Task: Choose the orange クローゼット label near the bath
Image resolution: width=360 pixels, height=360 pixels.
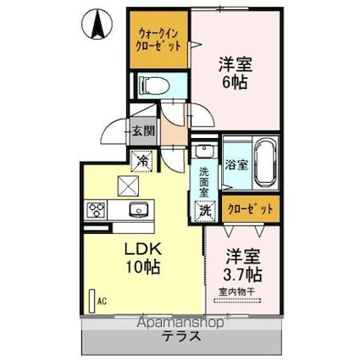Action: coord(250,208)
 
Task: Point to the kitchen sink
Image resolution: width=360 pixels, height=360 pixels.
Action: coord(136,210)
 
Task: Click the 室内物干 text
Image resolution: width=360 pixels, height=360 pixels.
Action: coord(243,294)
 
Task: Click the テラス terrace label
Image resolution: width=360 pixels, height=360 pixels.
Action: coord(180,335)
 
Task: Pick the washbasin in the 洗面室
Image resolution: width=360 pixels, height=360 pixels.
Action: coord(204,152)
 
